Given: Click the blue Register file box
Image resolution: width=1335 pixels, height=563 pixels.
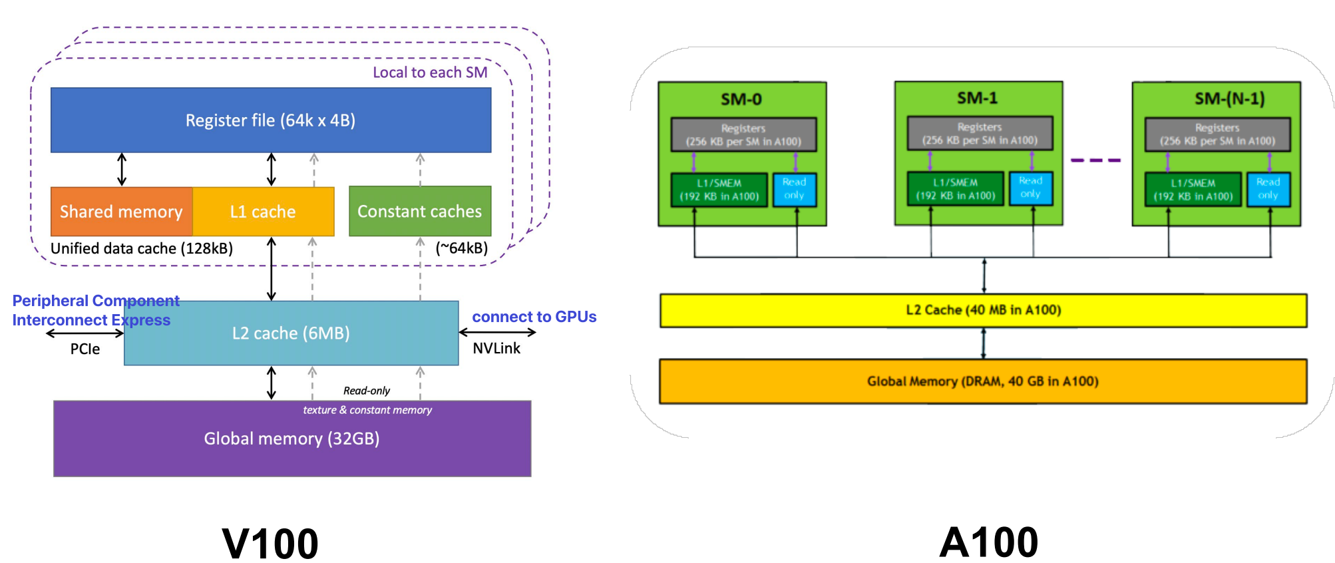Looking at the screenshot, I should pyautogui.click(x=271, y=120).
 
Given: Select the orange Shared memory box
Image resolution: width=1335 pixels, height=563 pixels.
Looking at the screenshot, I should pyautogui.click(x=122, y=212).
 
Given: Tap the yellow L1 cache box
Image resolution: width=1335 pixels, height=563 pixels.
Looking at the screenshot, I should pyautogui.click(x=264, y=212).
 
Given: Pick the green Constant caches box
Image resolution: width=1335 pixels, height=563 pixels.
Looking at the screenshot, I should pyautogui.click(x=420, y=212).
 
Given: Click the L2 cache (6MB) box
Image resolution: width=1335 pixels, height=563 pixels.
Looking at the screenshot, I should pyautogui.click(x=291, y=333).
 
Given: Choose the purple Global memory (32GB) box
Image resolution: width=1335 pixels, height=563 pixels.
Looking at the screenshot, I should pyautogui.click(x=291, y=439).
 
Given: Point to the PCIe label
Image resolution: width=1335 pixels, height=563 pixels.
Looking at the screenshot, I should pyautogui.click(x=85, y=349).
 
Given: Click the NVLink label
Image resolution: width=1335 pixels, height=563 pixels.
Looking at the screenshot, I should pyautogui.click(x=496, y=348).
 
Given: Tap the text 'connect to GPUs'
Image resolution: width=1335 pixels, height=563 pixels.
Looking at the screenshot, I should pyautogui.click(x=534, y=317).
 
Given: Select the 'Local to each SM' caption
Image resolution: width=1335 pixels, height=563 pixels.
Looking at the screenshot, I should pyautogui.click(x=430, y=73).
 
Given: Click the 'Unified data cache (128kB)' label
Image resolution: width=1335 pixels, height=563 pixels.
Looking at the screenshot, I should pyautogui.click(x=142, y=248).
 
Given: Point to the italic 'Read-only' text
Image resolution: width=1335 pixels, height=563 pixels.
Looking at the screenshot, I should pyautogui.click(x=367, y=391).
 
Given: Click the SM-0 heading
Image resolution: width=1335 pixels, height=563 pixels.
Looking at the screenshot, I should pyautogui.click(x=741, y=99).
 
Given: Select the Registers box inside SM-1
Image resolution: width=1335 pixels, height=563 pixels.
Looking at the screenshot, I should pyautogui.click(x=980, y=133).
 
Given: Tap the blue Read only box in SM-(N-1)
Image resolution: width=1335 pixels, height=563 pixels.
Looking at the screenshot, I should pyautogui.click(x=1268, y=189).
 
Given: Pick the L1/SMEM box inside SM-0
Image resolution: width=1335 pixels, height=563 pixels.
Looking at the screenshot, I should pyautogui.click(x=719, y=190).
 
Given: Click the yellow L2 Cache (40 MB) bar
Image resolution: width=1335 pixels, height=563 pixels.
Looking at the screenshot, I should pyautogui.click(x=983, y=310).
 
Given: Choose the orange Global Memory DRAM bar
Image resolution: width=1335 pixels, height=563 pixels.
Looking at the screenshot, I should pyautogui.click(x=983, y=381).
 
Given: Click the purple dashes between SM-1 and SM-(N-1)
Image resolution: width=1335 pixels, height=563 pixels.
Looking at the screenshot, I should pyautogui.click(x=1095, y=160).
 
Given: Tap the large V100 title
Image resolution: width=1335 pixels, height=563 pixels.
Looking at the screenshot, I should pyautogui.click(x=270, y=543).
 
